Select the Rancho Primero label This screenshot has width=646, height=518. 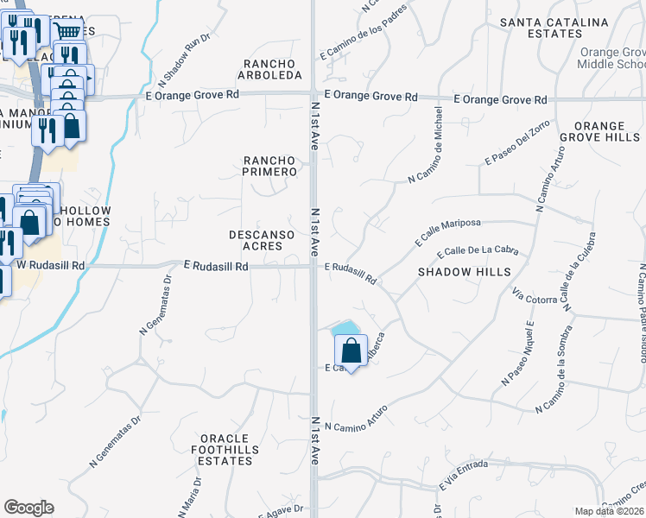(269, 166)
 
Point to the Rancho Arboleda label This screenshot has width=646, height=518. (269, 70)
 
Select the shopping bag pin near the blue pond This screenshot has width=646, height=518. (351, 351)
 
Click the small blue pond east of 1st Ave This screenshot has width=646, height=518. (345, 328)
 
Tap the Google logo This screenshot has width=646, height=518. (28, 508)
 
